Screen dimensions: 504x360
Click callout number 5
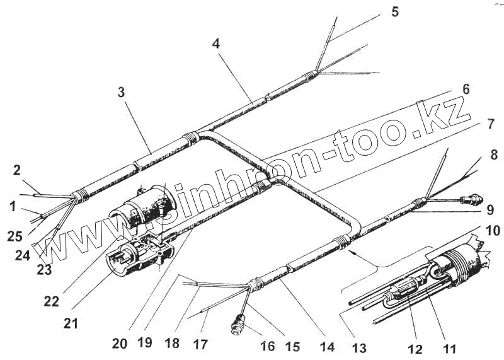click(394, 12)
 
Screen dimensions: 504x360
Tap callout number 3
click(120, 92)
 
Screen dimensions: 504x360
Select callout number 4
click(216, 45)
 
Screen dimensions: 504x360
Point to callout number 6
click(466, 89)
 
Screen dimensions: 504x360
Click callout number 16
click(268, 345)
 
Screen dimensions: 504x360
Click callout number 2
click(17, 169)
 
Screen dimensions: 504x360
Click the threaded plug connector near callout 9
click(471, 201)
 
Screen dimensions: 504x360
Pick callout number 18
click(172, 344)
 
